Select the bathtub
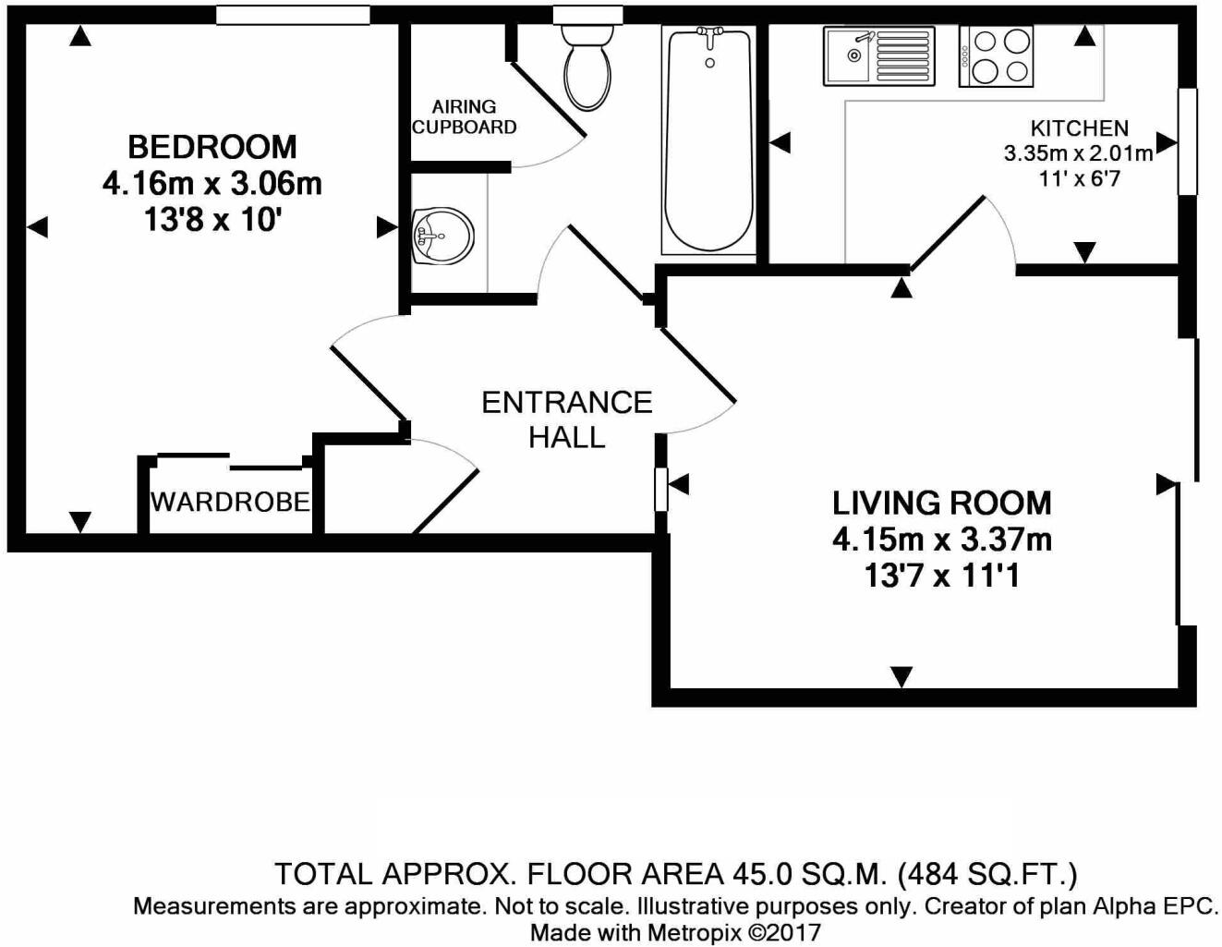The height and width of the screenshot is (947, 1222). click(708, 140)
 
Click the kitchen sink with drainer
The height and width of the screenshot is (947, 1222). click(879, 56)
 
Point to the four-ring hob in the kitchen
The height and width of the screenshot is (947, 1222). click(996, 56)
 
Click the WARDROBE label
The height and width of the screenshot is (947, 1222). click(231, 502)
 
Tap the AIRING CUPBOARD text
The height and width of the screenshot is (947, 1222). click(464, 116)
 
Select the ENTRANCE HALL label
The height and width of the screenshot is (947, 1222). click(567, 419)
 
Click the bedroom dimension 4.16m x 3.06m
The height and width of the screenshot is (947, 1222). click(212, 184)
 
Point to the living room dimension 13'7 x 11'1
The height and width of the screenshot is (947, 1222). click(942, 577)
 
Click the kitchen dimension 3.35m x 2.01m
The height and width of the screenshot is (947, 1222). click(1079, 153)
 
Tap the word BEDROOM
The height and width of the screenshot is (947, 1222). click(212, 147)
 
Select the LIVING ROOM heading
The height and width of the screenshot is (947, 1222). click(942, 503)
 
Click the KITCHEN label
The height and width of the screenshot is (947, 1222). click(1079, 128)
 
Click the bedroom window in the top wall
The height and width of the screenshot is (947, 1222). click(293, 15)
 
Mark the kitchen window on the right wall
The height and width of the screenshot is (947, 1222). click(1188, 141)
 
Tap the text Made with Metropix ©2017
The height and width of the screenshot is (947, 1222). click(675, 932)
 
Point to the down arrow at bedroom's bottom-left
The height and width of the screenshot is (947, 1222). click(80, 522)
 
